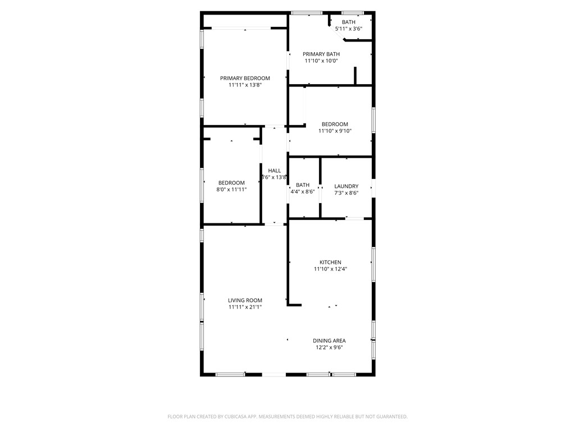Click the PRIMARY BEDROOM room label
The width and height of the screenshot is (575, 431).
245,78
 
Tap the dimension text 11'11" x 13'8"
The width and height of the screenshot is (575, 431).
245,85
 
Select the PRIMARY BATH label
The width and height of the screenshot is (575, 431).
321,54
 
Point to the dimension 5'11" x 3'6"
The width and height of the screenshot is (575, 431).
349,29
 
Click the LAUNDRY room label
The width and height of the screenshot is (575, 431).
346,186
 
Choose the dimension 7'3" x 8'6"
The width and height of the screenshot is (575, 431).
346,193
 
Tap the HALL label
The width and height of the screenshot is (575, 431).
274,171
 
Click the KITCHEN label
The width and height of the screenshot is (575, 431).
330,262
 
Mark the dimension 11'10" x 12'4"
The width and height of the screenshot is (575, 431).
330,269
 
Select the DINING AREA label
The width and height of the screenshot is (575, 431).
329,341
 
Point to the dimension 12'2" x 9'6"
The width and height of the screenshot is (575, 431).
329,348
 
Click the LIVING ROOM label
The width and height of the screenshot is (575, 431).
245,300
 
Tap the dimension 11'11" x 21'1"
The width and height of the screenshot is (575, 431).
245,308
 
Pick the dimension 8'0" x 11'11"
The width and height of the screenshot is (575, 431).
231,190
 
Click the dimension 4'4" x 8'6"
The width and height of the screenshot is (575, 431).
303,191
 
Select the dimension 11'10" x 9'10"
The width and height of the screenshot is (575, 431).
335,131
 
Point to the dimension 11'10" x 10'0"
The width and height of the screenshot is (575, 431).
321,61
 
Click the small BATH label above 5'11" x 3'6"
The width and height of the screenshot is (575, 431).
349,22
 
